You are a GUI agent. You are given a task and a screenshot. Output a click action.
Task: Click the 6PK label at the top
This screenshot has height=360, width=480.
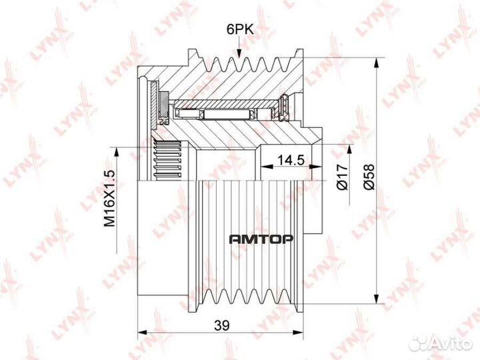point(240,30)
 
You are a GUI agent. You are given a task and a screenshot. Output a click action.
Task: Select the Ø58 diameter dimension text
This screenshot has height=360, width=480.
point(369,177)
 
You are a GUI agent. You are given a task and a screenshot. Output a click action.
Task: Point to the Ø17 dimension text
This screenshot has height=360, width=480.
point(342,177)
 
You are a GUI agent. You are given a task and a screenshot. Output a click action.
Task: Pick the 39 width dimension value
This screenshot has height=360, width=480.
point(221,325)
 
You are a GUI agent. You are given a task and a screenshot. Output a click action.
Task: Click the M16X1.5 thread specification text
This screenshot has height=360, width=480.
point(109,198)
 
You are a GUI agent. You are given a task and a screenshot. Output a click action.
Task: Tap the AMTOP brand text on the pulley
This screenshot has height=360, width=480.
point(261,239)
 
